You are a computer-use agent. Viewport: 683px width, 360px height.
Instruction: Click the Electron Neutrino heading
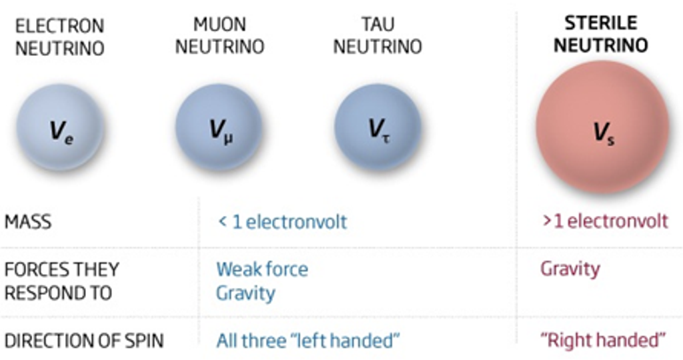point(60,37)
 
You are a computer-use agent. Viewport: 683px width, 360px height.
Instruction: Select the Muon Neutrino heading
point(219,36)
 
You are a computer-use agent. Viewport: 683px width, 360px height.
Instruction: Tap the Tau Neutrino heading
point(378,36)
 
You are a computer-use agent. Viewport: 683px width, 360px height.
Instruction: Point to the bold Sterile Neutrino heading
point(601,34)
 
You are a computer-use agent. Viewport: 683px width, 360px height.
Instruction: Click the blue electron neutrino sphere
point(60,127)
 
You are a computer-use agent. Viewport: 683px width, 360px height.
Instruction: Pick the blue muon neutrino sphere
point(219,127)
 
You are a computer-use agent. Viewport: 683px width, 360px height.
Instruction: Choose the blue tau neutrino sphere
point(378,127)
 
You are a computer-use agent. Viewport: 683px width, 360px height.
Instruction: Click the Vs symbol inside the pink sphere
point(604,133)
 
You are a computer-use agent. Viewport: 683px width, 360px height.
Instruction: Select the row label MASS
point(28,222)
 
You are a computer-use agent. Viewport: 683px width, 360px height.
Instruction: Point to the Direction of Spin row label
point(84,341)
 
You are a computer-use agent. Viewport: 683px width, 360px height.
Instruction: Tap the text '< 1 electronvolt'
point(282,222)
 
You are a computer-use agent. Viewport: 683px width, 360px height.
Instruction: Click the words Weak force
point(262,269)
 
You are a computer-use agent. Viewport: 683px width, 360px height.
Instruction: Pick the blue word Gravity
point(245,293)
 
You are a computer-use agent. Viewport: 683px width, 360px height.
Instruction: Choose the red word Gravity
point(570,269)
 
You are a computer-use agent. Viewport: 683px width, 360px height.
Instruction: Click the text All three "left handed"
point(307,341)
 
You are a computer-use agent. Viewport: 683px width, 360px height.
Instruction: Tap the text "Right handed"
point(602,340)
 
